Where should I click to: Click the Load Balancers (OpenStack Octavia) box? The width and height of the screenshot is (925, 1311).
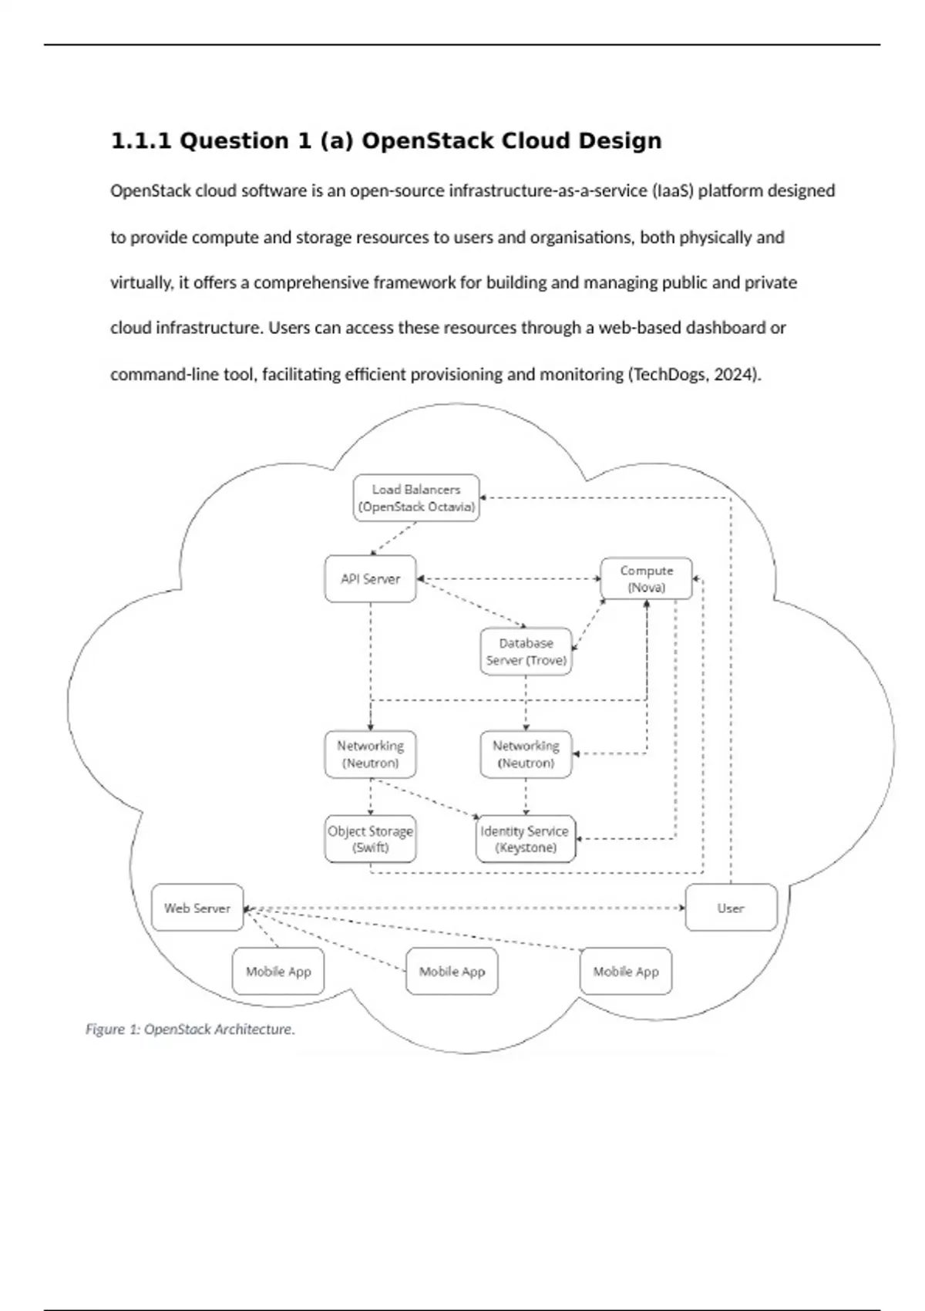(x=416, y=498)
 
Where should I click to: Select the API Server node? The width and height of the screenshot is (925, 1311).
(x=370, y=578)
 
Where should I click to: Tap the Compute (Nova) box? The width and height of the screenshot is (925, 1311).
(x=646, y=578)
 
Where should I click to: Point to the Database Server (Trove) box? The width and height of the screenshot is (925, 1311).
(x=526, y=652)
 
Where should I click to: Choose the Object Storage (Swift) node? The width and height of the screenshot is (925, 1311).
(x=370, y=839)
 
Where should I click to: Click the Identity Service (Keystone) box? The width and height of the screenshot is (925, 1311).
(x=526, y=839)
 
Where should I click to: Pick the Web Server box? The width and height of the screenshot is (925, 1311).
(x=197, y=908)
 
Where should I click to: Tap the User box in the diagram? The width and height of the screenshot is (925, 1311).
(x=731, y=908)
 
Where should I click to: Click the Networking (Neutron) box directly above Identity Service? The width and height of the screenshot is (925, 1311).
(x=526, y=754)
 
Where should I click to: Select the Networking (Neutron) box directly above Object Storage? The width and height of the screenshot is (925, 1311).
(x=370, y=754)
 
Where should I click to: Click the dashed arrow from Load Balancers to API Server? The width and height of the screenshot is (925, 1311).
(x=394, y=538)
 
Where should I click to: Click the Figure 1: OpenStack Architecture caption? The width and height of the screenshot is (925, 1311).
(x=190, y=1029)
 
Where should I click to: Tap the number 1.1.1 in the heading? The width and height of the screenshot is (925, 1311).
(x=141, y=141)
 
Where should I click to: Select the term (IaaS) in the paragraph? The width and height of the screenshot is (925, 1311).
(x=672, y=190)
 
